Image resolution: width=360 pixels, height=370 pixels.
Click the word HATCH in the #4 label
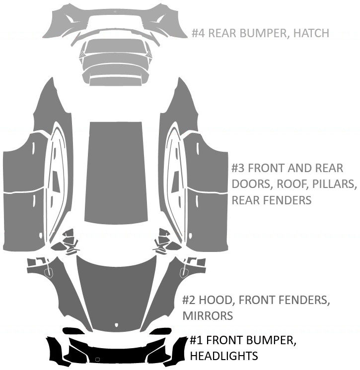(x=311, y=33)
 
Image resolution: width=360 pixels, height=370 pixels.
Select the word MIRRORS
(x=207, y=316)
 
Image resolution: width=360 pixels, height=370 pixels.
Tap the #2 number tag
(x=189, y=300)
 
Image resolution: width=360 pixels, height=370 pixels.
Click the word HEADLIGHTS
(x=224, y=356)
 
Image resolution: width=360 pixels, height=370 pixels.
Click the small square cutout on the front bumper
(x=97, y=359)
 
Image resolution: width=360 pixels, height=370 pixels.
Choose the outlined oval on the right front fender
(x=185, y=271)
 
